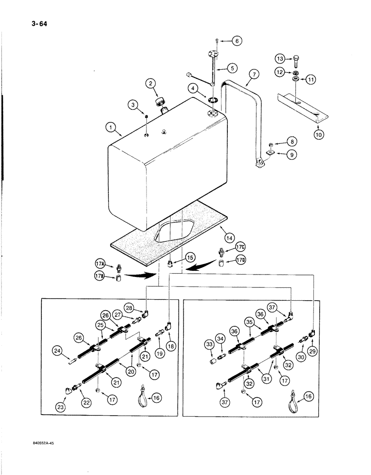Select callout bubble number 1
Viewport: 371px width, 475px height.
point(111,128)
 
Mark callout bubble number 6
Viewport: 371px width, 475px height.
point(236,41)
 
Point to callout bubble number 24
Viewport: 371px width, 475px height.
point(58,352)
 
